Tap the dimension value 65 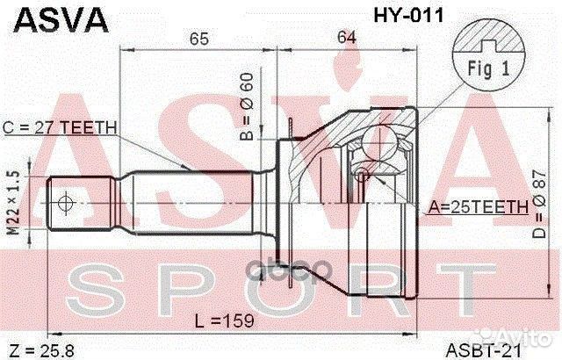[x=199, y=38]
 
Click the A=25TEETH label [x=478, y=207]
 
